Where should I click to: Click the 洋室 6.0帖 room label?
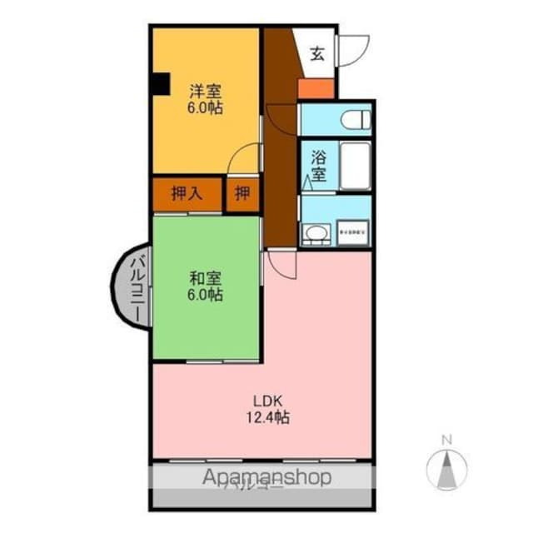pos(204,98)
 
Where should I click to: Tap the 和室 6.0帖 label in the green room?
pos(204,286)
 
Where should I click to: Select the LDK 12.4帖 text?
pos(266,409)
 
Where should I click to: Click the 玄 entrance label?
pos(317,55)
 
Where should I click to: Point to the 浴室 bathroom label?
pos(318,166)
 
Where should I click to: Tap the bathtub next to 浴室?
pos(356,166)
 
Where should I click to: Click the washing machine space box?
pos(354,232)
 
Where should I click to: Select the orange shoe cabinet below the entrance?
pos(317,88)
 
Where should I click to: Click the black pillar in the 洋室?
pos(160,83)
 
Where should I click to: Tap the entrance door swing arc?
pos(352,50)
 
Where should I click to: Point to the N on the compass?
pos(446,440)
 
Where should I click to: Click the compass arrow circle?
pos(446,468)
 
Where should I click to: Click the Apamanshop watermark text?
pos(266,477)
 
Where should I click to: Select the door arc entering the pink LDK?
pos(281,266)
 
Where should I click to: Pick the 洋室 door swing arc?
pos(247,158)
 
